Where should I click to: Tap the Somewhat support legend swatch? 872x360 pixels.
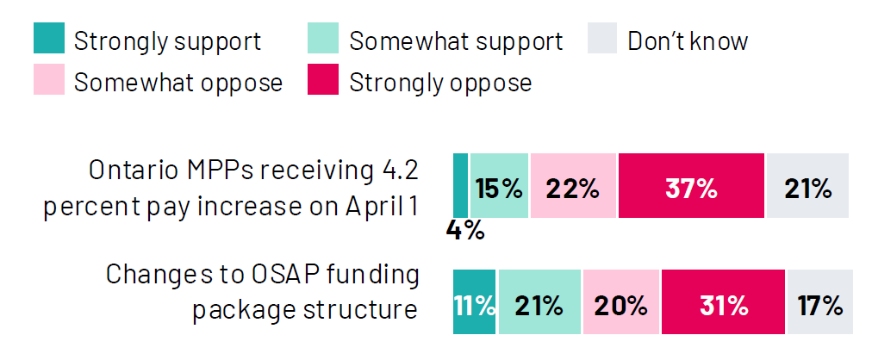(323, 40)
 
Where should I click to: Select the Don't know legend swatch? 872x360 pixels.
(602, 40)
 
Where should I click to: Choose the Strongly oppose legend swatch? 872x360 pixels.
(323, 82)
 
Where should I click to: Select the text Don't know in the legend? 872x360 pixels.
(688, 40)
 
